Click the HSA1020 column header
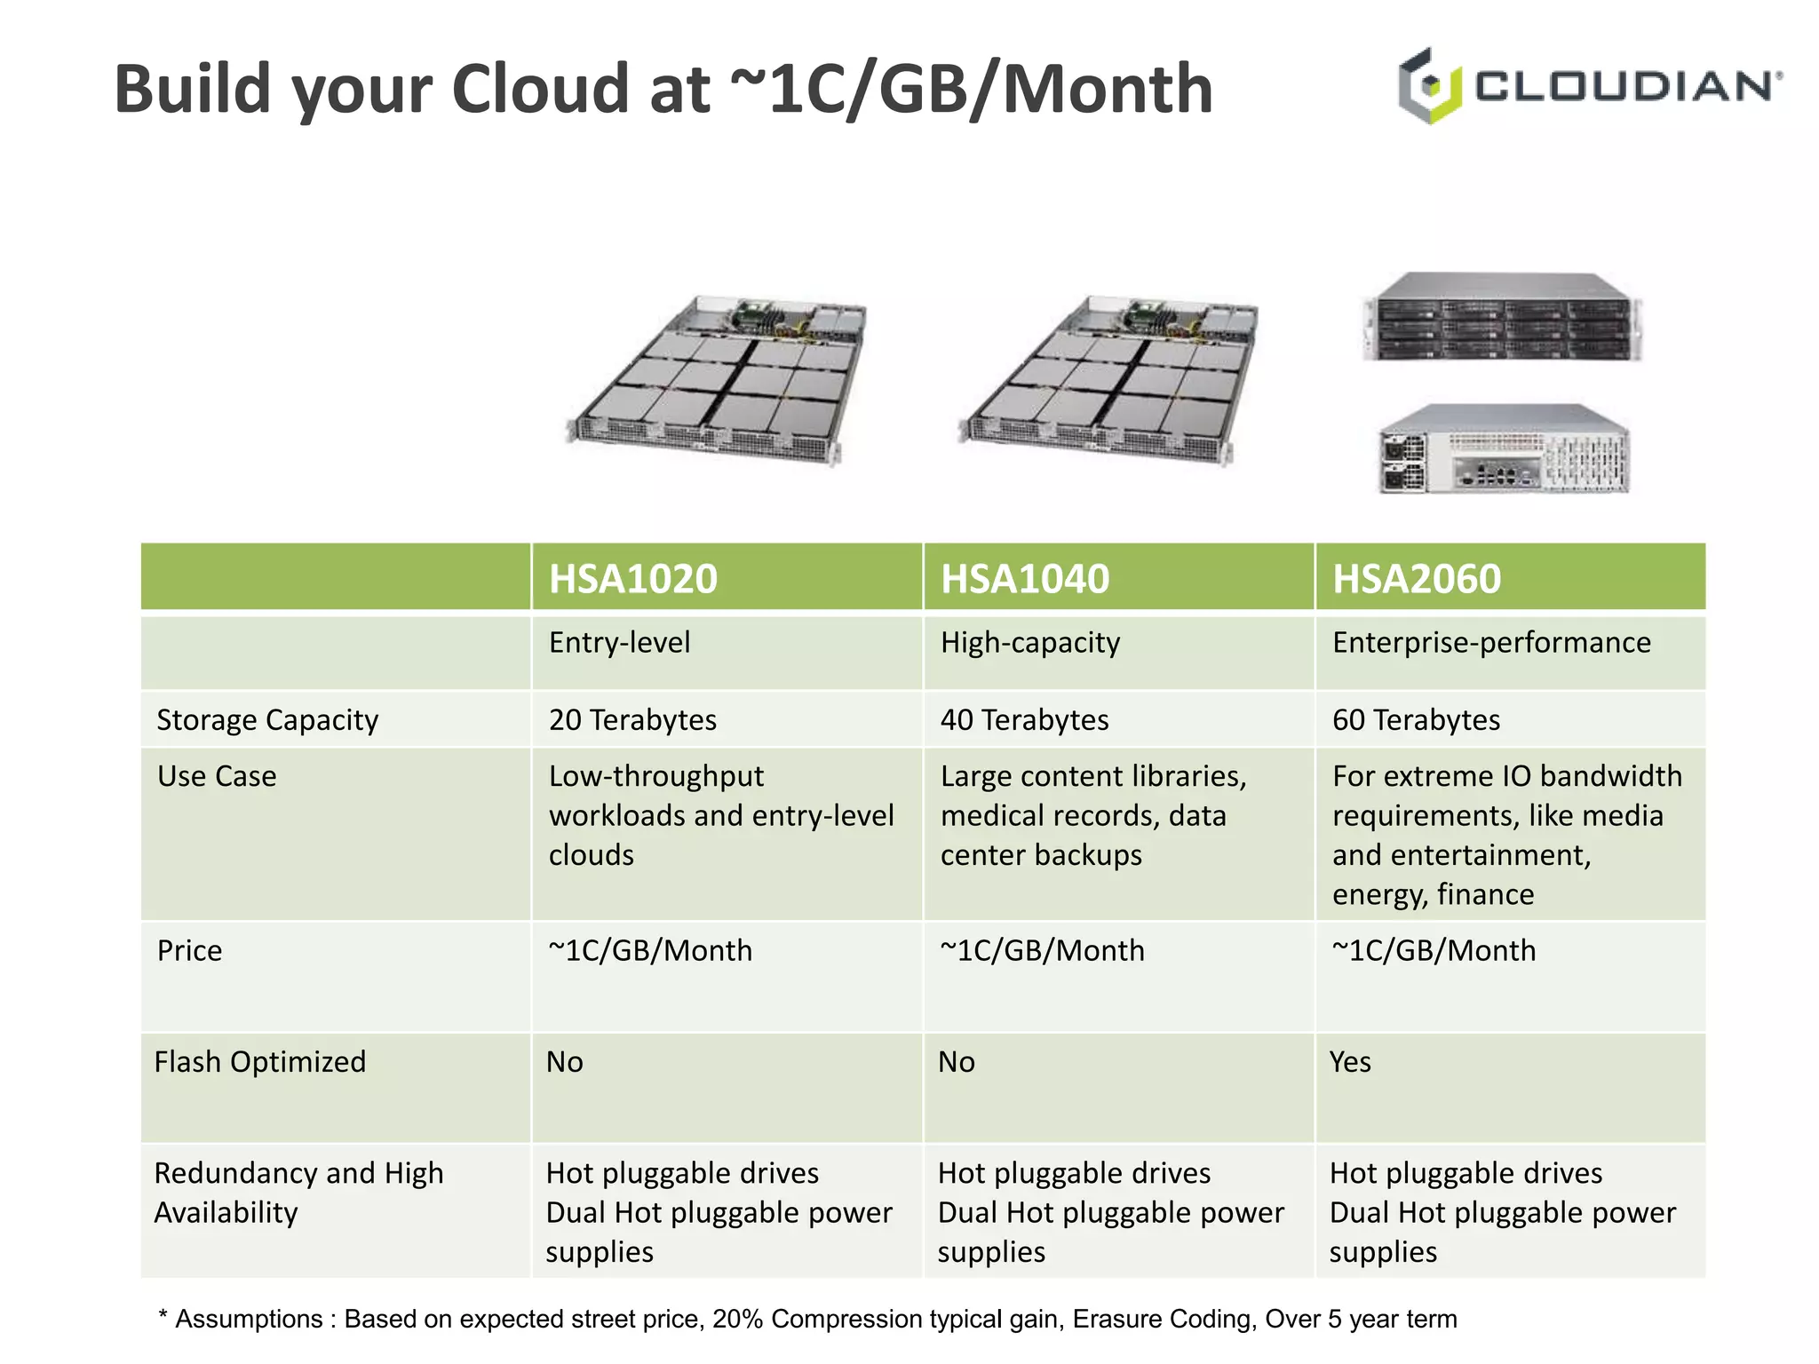(632, 579)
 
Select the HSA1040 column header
(1024, 579)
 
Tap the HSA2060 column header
(1416, 579)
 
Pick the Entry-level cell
(619, 642)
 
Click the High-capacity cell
(1029, 642)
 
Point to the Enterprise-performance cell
(1490, 642)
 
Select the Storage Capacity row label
(267, 719)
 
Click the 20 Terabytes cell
(632, 719)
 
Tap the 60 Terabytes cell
(1416, 719)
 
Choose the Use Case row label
(217, 776)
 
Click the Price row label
(189, 950)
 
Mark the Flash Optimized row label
(259, 1061)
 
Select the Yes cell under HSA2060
(1350, 1061)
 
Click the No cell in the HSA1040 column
(957, 1061)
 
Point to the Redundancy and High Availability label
(298, 1192)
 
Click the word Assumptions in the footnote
(249, 1319)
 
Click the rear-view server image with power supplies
(1504, 449)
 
